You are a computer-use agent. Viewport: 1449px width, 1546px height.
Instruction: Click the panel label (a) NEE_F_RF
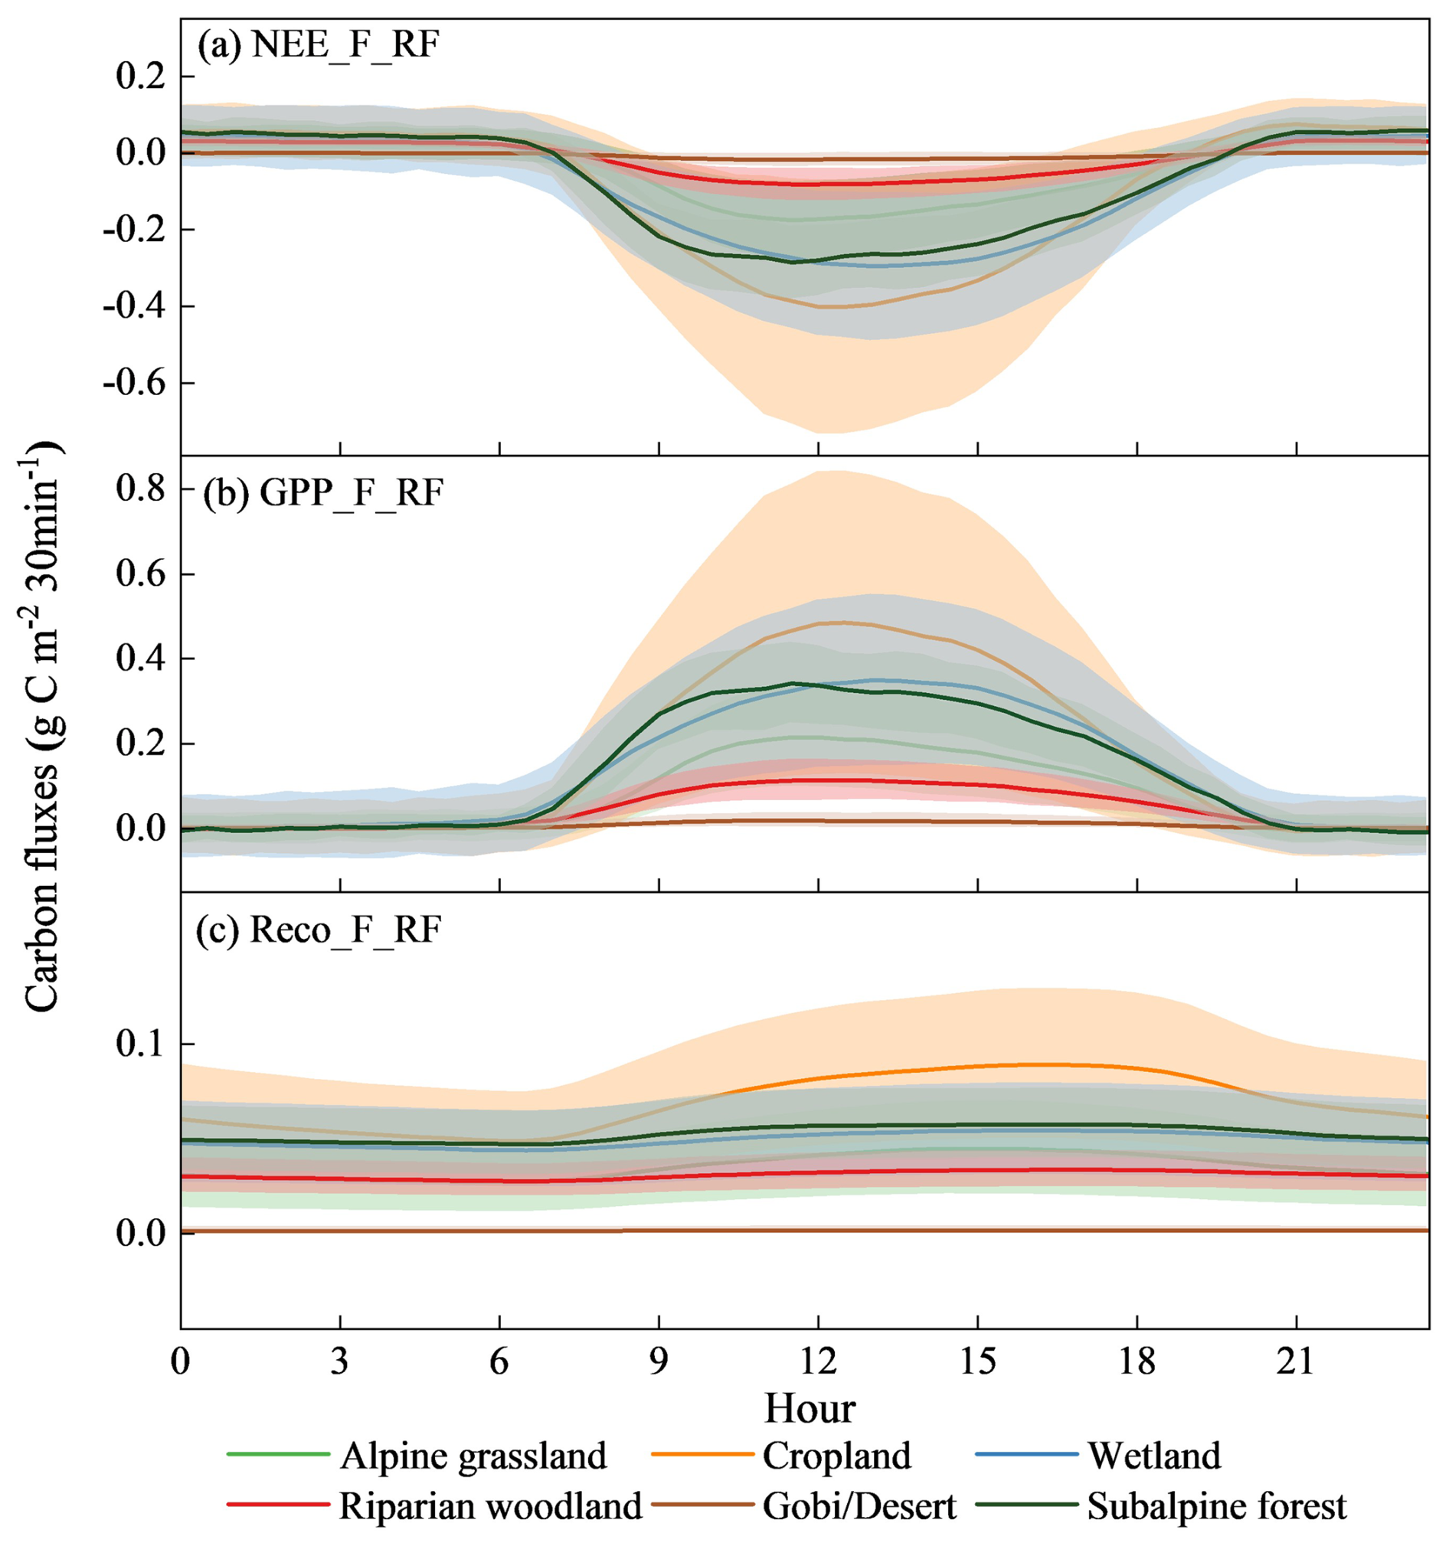pos(318,47)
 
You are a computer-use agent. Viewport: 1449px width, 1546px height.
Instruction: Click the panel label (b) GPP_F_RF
pos(322,493)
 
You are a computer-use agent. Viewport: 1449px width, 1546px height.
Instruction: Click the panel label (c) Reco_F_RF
pos(318,930)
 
